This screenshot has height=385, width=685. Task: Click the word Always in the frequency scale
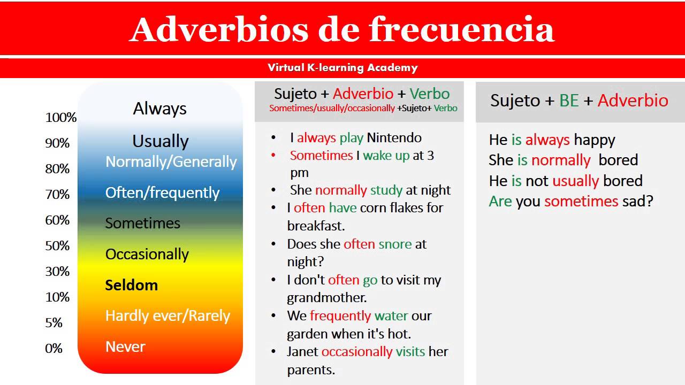tap(159, 109)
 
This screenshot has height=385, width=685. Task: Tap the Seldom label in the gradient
tap(131, 285)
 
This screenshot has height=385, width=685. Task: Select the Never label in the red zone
tap(125, 346)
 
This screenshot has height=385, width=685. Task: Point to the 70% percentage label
tap(57, 194)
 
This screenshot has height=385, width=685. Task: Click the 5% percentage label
tap(54, 322)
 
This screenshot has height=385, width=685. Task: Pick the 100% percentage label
tap(60, 117)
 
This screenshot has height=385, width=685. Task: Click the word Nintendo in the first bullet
tap(394, 137)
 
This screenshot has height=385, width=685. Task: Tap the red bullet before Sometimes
tap(274, 155)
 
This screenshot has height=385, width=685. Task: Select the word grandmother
tap(326, 297)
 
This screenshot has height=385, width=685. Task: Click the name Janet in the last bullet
tap(302, 351)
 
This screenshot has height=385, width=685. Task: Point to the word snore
tap(395, 244)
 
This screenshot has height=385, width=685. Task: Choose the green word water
tap(391, 315)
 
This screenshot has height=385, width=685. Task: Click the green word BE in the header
tap(569, 101)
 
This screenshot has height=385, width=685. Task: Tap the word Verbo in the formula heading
tap(429, 94)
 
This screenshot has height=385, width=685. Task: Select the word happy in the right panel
tap(595, 140)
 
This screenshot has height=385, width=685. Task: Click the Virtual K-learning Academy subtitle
tap(342, 67)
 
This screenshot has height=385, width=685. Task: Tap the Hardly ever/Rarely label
tap(168, 315)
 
